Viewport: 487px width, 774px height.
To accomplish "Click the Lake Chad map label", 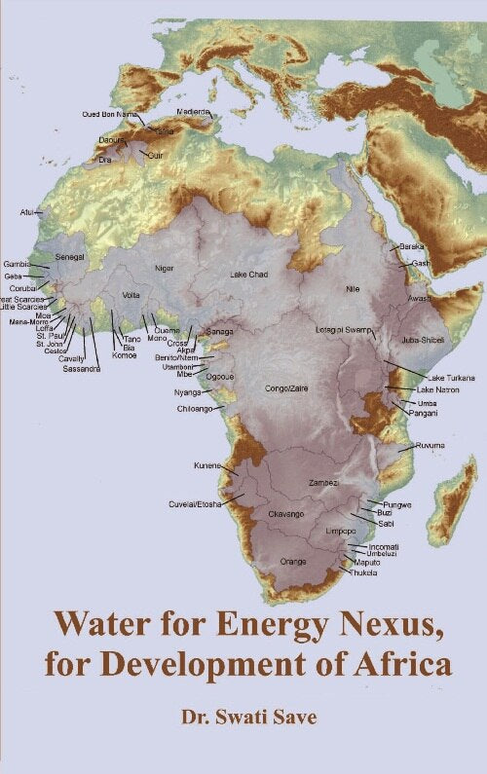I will coord(248,276).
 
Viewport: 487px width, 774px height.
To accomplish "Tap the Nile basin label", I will coord(353,289).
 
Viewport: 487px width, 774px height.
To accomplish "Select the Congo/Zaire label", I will coord(286,387).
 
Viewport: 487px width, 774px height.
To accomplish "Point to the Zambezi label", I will coord(323,483).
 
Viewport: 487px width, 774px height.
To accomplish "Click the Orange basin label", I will coord(293,562).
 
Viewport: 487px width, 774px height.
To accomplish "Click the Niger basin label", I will coord(165,268).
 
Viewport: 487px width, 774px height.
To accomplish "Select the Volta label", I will coord(131,295).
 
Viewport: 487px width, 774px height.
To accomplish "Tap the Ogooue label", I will coord(220,377).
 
